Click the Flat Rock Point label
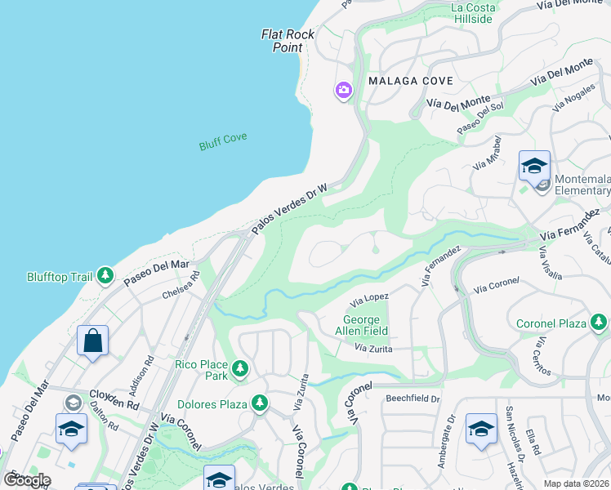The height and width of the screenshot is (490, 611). (282, 41)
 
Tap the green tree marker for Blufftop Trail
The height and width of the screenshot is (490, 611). (105, 276)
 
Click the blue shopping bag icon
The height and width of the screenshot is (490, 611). (92, 340)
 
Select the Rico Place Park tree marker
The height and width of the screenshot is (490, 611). (240, 370)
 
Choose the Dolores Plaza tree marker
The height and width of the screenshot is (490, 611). (260, 403)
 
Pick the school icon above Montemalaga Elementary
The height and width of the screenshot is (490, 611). (534, 166)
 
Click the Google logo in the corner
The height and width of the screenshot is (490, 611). (28, 479)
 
